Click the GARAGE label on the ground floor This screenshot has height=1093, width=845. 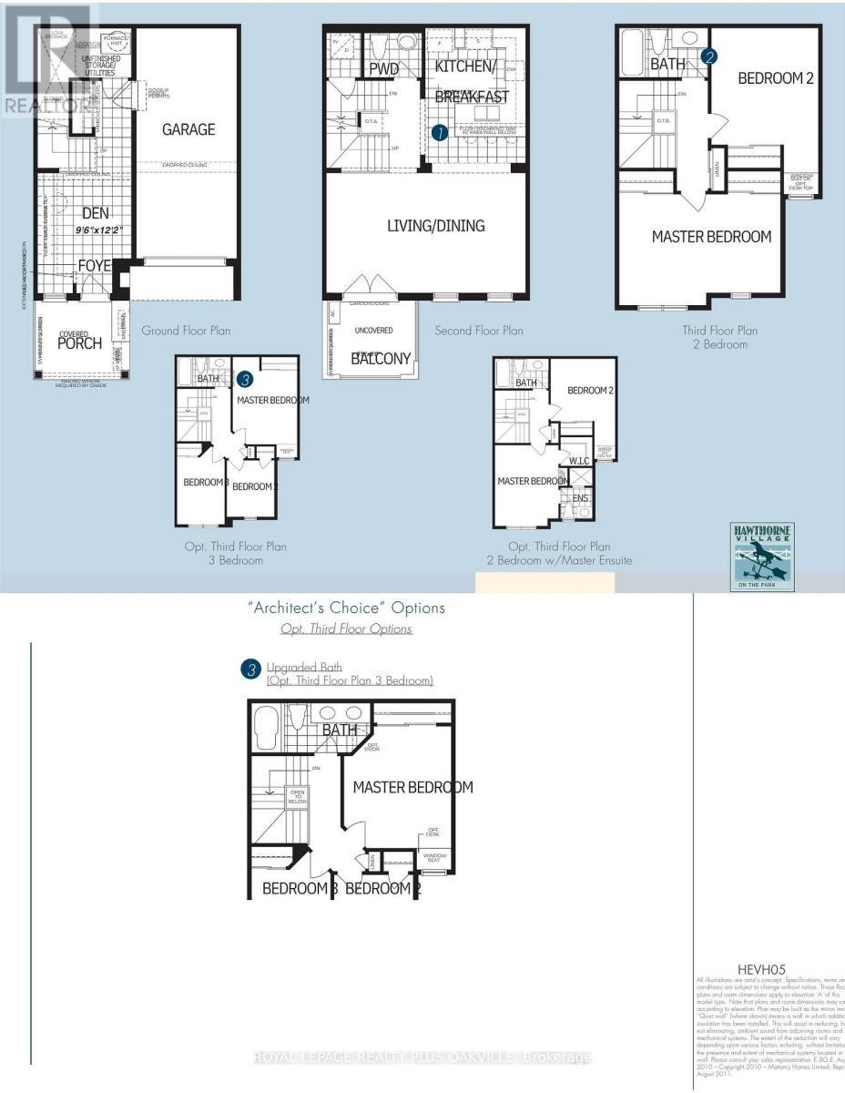[x=188, y=129]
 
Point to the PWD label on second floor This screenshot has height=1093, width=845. [x=384, y=68]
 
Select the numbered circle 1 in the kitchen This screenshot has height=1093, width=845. [x=440, y=132]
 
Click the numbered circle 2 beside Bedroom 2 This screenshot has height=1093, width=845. [x=710, y=56]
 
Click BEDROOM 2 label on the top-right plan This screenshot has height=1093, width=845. [x=775, y=78]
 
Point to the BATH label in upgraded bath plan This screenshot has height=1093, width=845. [x=339, y=730]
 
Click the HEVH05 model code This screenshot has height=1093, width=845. [x=760, y=969]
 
